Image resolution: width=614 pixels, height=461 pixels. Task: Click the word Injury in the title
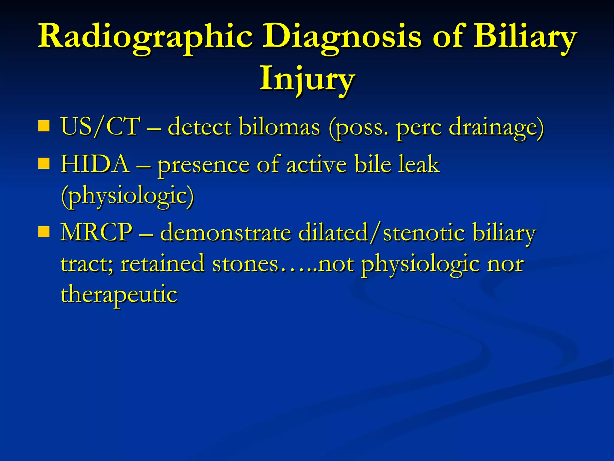pos(307,79)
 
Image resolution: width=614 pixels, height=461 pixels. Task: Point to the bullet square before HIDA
pos(44,164)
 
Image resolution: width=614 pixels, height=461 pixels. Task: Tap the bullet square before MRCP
pos(44,232)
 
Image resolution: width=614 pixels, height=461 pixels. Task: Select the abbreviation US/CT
pos(100,126)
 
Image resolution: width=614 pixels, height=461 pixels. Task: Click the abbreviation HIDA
pos(95,164)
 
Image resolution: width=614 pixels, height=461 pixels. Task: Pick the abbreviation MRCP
pos(96,232)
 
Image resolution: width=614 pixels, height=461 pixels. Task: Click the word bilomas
pos(279,126)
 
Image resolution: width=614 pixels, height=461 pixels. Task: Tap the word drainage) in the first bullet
pos(496,126)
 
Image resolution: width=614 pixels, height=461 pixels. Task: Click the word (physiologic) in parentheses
pos(127,196)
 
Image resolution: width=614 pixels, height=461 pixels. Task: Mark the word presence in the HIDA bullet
pos(204,165)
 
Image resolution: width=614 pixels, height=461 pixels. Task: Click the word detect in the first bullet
pos(199,126)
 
